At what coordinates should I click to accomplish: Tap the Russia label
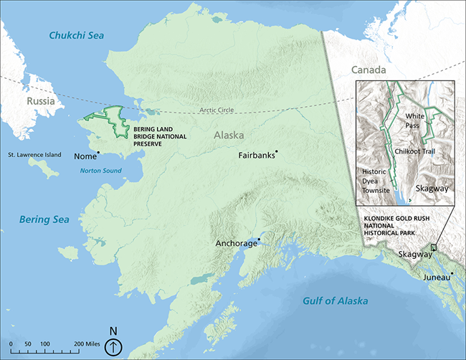[40, 101]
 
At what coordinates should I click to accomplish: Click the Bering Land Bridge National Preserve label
[158, 136]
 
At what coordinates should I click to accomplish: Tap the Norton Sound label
[101, 171]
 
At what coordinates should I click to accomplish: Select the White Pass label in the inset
[416, 120]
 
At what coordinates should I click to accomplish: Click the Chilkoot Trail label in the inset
[420, 151]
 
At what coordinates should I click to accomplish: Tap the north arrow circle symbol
[113, 348]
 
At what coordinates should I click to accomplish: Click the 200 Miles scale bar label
[87, 345]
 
